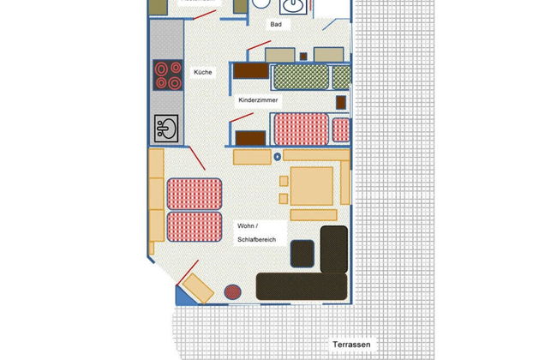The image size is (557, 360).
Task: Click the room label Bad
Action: click(x=276, y=25)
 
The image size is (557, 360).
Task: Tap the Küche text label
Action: click(x=202, y=72)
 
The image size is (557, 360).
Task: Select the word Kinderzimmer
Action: click(x=259, y=100)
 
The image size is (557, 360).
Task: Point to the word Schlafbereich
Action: click(x=256, y=239)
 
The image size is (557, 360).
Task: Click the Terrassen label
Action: click(x=352, y=345)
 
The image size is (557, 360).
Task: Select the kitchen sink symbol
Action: click(x=166, y=129)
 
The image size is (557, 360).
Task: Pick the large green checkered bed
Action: click(x=301, y=76)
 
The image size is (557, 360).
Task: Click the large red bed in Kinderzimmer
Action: click(x=301, y=129)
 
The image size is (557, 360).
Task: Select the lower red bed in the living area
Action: click(x=193, y=227)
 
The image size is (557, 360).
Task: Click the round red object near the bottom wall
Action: click(x=233, y=291)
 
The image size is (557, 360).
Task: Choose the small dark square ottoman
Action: click(x=302, y=253)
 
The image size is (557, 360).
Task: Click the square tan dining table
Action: click(x=311, y=186)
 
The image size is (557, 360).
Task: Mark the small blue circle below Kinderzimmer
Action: click(x=277, y=157)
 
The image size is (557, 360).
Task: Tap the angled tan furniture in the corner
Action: click(x=197, y=289)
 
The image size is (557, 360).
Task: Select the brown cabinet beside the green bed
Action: click(x=252, y=73)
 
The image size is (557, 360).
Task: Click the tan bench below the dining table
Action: click(x=313, y=214)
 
